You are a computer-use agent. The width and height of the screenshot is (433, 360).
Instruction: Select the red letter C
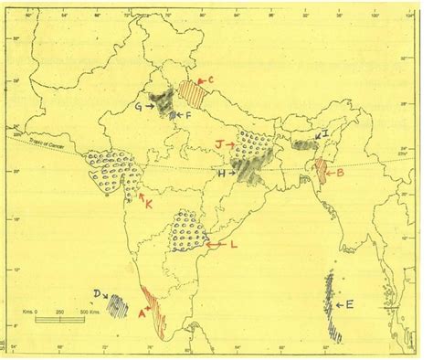click(x=210, y=80)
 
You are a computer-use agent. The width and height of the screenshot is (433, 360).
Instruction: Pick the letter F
click(x=188, y=117)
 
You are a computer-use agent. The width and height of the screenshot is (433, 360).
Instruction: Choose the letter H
click(x=219, y=172)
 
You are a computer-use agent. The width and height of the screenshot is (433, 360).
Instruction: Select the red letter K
click(x=146, y=206)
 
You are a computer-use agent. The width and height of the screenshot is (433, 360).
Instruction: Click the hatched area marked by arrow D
click(x=119, y=304)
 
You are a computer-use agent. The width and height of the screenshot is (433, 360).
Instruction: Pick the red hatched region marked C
click(x=192, y=92)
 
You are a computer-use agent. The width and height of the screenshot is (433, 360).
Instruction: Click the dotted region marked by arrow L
click(x=189, y=231)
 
